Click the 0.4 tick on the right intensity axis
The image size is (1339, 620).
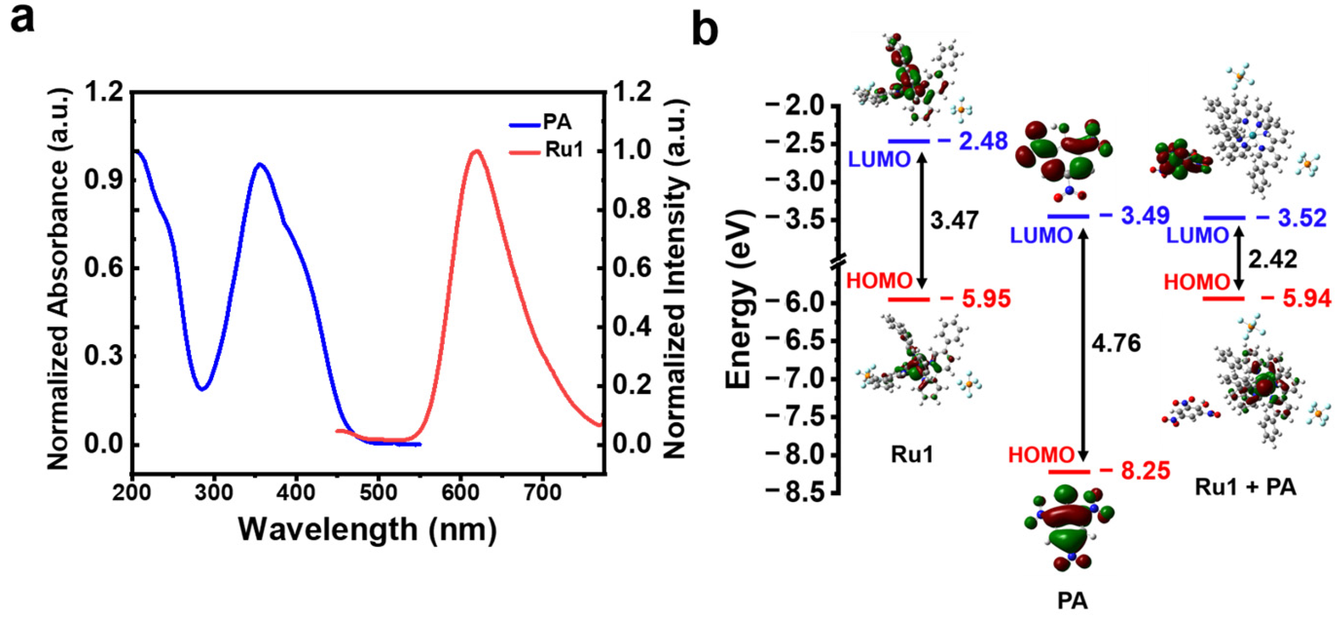point(631,327)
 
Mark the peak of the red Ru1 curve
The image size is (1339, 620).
point(476,151)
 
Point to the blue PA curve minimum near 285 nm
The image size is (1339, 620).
point(202,389)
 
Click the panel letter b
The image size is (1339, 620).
point(705,30)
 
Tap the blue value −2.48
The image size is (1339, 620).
point(972,141)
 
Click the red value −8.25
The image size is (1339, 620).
point(1134,471)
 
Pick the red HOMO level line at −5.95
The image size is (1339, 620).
point(908,299)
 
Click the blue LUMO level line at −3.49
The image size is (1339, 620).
point(1068,216)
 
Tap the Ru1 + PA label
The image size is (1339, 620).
point(1245,488)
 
